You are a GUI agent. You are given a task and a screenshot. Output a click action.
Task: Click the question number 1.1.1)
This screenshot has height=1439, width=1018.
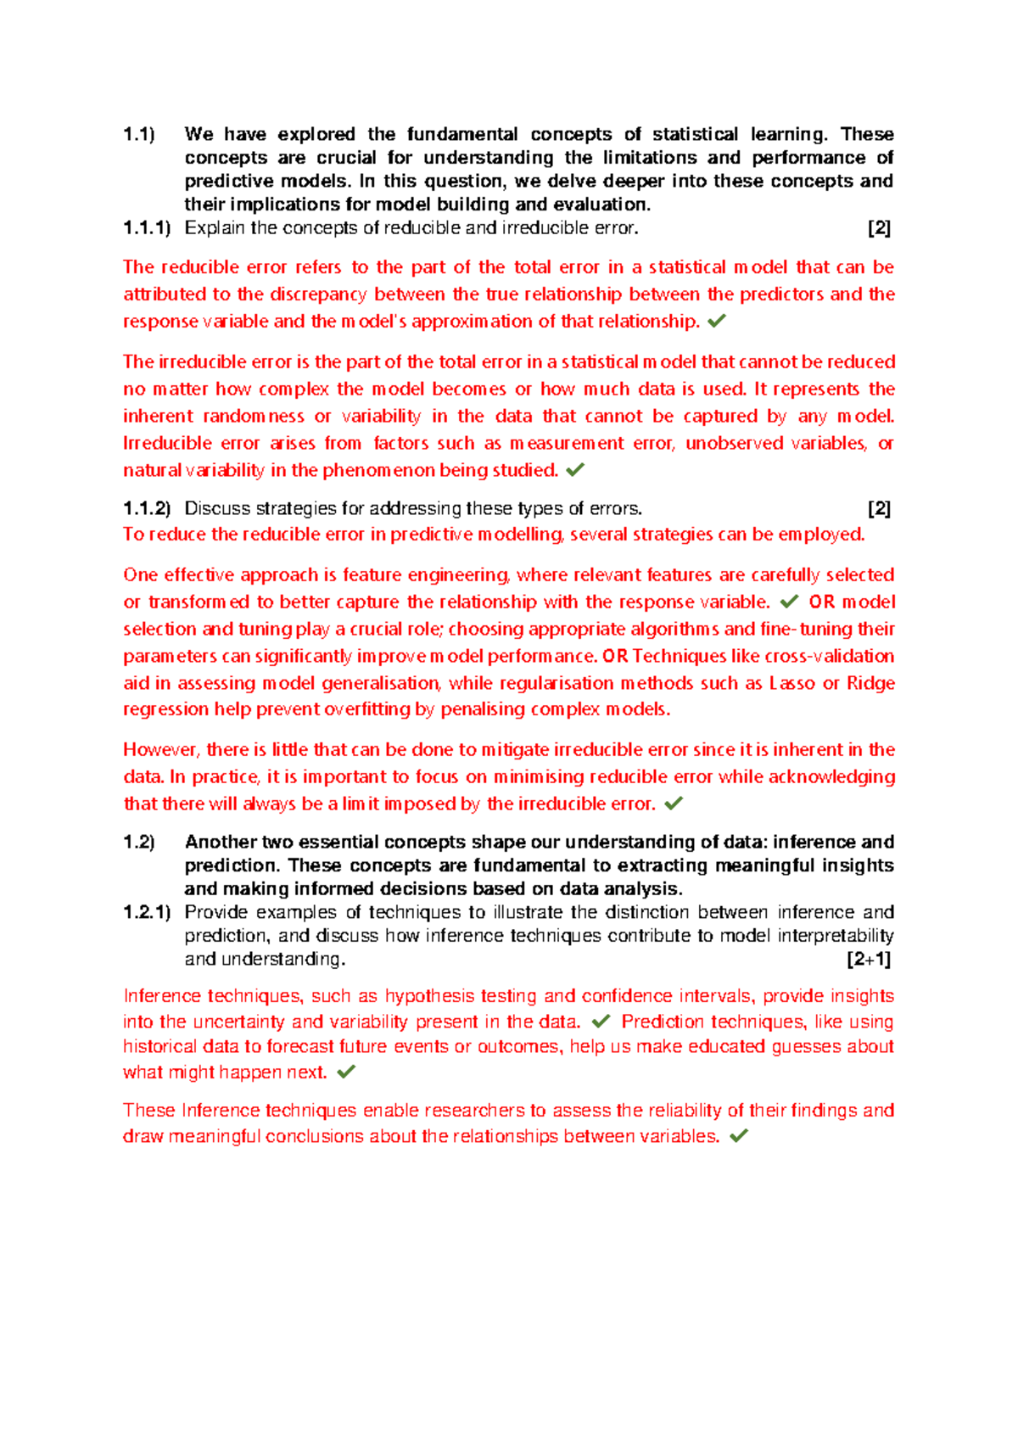[x=147, y=227]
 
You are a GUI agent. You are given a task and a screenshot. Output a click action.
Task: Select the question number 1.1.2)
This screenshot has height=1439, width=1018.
[x=147, y=508]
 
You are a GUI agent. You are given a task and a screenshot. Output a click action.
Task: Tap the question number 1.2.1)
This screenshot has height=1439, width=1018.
[x=147, y=912]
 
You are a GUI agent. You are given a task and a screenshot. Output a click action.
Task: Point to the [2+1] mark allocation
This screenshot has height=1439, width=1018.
[x=868, y=960]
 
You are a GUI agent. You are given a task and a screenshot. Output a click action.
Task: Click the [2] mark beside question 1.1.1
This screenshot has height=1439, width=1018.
[x=879, y=227]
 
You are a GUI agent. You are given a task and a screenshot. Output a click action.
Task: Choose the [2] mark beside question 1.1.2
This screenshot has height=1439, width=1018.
[x=879, y=508]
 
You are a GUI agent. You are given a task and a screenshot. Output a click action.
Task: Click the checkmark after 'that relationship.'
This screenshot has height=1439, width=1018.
[x=717, y=321]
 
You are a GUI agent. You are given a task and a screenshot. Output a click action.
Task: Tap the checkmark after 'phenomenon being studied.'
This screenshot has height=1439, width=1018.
[x=575, y=469]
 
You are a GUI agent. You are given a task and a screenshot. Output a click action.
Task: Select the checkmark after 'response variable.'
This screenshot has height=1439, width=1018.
[x=789, y=602]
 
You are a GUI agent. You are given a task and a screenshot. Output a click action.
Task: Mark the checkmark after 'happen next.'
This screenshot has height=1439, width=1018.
[x=346, y=1072]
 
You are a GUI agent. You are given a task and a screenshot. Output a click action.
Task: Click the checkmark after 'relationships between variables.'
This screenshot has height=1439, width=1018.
[x=739, y=1136]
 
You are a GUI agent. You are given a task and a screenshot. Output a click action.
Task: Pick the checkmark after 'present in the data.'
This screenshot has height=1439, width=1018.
[x=601, y=1022]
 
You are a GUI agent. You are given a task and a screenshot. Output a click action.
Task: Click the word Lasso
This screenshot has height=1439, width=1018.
[x=792, y=683]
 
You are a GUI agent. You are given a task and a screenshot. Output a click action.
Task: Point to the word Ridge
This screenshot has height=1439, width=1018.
[x=870, y=683]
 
